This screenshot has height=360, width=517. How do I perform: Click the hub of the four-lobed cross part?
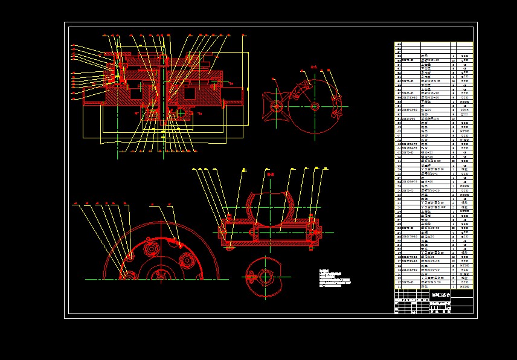277,107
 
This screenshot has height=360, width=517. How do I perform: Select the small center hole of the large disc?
315,106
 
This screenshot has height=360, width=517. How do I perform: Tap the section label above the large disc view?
313,67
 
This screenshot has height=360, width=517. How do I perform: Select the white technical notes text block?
334,278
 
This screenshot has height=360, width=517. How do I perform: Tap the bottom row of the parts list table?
433,287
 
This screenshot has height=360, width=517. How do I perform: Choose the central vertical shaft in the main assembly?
164,91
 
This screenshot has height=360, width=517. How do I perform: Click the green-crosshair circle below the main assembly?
181,112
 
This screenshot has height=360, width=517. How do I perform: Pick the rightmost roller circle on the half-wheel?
188,262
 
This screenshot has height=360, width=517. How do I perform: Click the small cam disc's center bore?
265,277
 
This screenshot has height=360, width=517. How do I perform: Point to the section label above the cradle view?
269,174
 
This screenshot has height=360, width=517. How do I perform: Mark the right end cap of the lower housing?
313,231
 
